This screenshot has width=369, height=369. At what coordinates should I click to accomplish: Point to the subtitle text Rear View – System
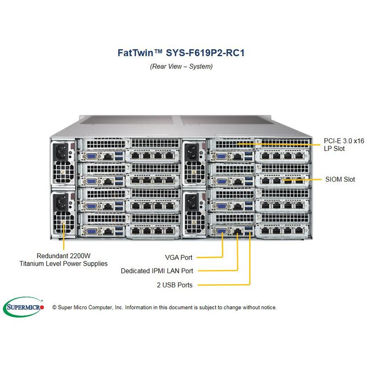click(181, 66)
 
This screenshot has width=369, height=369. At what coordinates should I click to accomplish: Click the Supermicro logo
click(24, 306)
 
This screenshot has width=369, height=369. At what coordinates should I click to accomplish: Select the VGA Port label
click(179, 257)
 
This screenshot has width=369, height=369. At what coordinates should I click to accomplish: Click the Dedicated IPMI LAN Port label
click(157, 271)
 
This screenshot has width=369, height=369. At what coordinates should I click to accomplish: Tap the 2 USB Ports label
click(174, 285)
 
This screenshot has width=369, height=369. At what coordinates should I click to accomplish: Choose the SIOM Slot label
click(340, 179)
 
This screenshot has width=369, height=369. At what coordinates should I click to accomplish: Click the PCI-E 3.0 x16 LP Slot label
click(343, 145)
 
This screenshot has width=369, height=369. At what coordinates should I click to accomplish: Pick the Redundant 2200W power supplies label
click(63, 259)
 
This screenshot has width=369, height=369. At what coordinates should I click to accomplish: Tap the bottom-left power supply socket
click(61, 201)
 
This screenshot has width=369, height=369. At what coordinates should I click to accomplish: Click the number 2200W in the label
click(83, 255)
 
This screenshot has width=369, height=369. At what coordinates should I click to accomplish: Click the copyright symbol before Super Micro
click(54, 307)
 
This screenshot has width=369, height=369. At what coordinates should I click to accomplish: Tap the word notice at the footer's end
click(268, 307)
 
